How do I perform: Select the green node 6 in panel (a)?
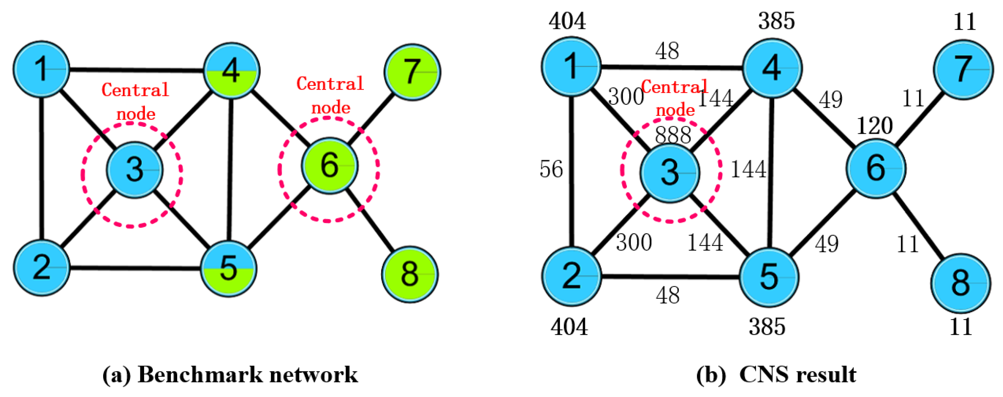(329, 166)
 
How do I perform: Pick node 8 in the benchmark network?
(410, 274)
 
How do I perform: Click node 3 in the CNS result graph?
(670, 173)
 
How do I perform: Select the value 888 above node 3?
(673, 135)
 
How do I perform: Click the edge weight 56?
(551, 169)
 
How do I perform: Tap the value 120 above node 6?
(874, 126)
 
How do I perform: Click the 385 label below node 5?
(767, 327)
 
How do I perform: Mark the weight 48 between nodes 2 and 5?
(668, 295)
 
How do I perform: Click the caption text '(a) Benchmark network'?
(230, 375)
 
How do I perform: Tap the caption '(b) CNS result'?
(776, 375)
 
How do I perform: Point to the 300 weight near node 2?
(634, 242)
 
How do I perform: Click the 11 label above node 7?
(965, 22)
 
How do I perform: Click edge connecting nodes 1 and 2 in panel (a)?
(42, 168)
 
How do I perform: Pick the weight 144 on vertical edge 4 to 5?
(748, 169)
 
